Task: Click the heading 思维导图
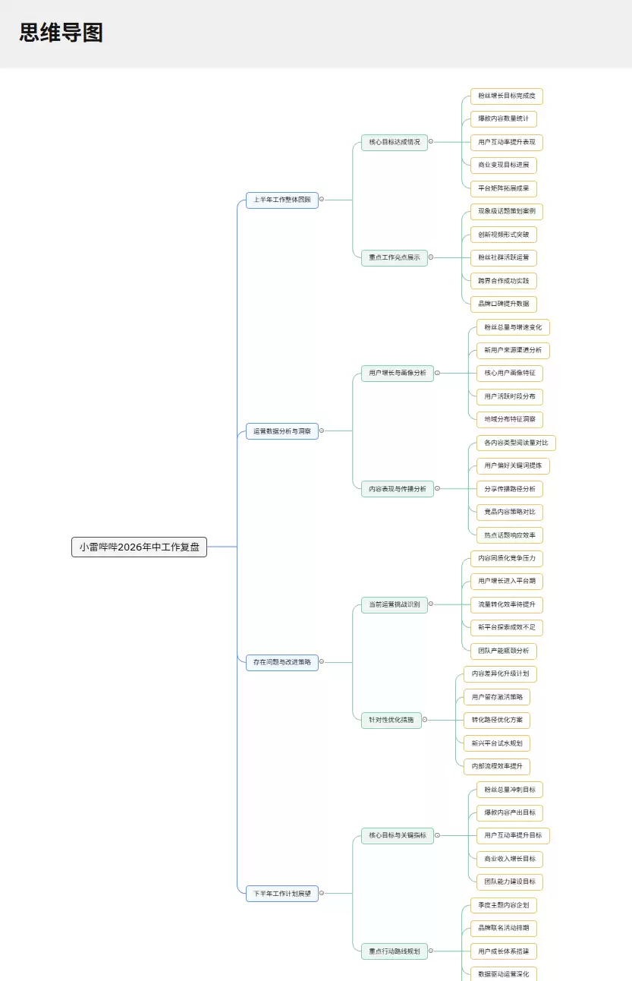pyautogui.click(x=61, y=33)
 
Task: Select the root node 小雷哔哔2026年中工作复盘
pyautogui.click(x=139, y=547)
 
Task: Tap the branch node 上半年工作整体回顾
pyautogui.click(x=282, y=200)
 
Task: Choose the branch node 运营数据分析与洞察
pyautogui.click(x=282, y=431)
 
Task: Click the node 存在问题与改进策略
pyautogui.click(x=282, y=662)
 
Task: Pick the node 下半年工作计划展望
pyautogui.click(x=282, y=894)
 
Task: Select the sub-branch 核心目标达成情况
pyautogui.click(x=395, y=142)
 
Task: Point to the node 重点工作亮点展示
pyautogui.click(x=395, y=257)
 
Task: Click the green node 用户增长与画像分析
pyautogui.click(x=398, y=373)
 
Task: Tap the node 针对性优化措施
pyautogui.click(x=391, y=720)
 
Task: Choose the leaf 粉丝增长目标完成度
pyautogui.click(x=506, y=96)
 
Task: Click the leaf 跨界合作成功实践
pyautogui.click(x=503, y=281)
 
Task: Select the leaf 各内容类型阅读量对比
pyautogui.click(x=516, y=443)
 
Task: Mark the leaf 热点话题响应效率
pyautogui.click(x=509, y=535)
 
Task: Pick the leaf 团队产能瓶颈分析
pyautogui.click(x=503, y=651)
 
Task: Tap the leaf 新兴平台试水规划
pyautogui.click(x=497, y=743)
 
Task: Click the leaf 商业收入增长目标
pyautogui.click(x=509, y=859)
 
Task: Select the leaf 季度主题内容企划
pyautogui.click(x=503, y=905)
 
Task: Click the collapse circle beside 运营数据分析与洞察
pyautogui.click(x=322, y=431)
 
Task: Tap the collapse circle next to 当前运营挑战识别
pyautogui.click(x=431, y=604)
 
